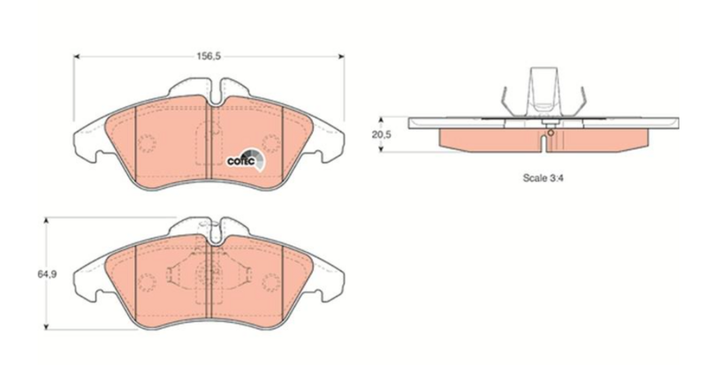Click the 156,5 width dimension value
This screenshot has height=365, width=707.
208,57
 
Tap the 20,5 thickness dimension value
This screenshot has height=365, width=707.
381,134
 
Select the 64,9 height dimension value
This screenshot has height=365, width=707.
47,274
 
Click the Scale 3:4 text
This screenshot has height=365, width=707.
543,178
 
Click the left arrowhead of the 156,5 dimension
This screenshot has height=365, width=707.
77,57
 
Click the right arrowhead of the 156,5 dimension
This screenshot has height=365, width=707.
341,57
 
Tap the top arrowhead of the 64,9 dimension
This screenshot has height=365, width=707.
46,221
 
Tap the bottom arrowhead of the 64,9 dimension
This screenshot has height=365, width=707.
46,326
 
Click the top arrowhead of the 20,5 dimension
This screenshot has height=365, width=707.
381,120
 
